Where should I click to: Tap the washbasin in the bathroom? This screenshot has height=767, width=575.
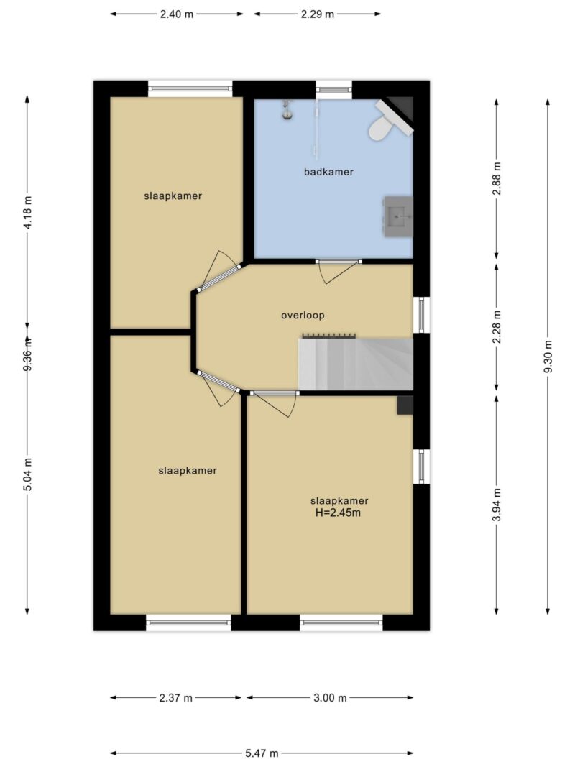coord(398,216)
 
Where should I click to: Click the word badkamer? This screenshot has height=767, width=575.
coord(328,172)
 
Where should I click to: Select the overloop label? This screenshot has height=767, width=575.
coord(303,316)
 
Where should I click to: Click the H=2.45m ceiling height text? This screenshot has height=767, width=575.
coord(339,513)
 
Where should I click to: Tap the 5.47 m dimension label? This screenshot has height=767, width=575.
coord(262,753)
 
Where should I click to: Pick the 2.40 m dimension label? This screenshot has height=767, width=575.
coord(177,14)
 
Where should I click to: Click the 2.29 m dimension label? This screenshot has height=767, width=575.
coord(317,14)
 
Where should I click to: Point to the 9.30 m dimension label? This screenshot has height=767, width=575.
coord(548,356)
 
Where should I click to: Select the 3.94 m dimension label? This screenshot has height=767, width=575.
coord(497,505)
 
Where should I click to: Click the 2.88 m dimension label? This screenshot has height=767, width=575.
coord(497,178)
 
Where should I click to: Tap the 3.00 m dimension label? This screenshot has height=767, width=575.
coord(330,698)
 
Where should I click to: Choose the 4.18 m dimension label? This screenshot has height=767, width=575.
coord(27,212)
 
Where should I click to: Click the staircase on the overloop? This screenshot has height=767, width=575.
coord(356,364)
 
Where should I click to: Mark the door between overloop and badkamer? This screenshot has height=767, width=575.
coord(339,270)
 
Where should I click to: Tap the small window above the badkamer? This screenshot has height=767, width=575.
coord(334,89)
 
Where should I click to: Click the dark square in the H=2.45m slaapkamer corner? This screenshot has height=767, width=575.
coord(405,405)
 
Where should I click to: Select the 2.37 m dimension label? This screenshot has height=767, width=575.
coord(176,698)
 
